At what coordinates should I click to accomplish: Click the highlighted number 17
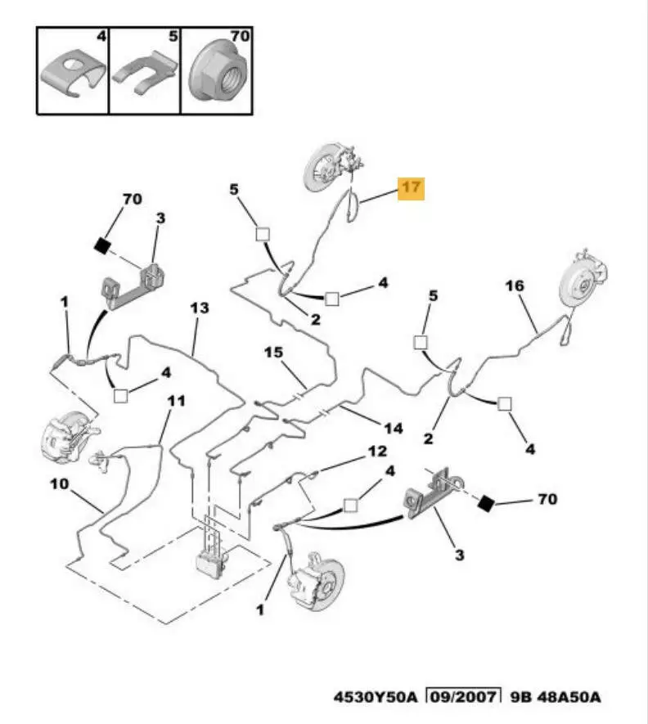coord(411,188)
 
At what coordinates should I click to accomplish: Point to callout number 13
coord(200,308)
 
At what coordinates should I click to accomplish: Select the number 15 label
coord(272,353)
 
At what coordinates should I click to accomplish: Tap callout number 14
coord(394,427)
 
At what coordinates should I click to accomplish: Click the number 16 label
coord(514,286)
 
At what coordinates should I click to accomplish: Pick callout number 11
coord(177,401)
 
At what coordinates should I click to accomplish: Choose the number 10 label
coord(59,484)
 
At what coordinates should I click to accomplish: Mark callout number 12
coord(376,451)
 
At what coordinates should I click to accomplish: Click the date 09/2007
coord(463,697)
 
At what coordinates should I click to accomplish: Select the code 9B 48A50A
coord(556,697)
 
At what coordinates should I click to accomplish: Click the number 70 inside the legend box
coord(239,37)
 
